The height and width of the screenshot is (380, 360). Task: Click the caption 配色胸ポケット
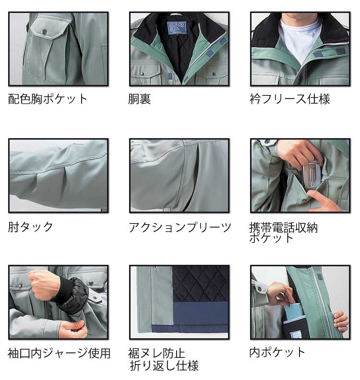pyautogui.click(x=48, y=99)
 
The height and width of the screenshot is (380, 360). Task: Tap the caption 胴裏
pyautogui.click(x=139, y=99)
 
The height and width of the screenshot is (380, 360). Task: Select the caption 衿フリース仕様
pyautogui.click(x=290, y=99)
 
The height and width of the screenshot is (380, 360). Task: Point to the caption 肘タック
pyautogui.click(x=30, y=227)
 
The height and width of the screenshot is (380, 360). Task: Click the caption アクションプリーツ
pyautogui.click(x=180, y=227)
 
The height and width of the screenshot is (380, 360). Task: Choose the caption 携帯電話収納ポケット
pyautogui.click(x=283, y=232)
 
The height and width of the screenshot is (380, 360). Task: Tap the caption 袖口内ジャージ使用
pyautogui.click(x=59, y=353)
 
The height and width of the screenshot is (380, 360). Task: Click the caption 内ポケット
pyautogui.click(x=277, y=352)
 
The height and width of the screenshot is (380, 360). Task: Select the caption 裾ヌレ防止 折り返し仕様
pyautogui.click(x=163, y=359)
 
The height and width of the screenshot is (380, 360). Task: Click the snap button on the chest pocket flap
pyautogui.click(x=45, y=32)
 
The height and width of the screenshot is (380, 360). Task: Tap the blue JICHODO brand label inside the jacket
pyautogui.click(x=176, y=28)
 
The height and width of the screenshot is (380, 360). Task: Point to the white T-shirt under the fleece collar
pyautogui.click(x=300, y=39)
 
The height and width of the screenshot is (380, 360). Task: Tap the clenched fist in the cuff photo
pyautogui.click(x=44, y=284)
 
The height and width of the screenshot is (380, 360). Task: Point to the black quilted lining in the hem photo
pyautogui.click(x=201, y=284)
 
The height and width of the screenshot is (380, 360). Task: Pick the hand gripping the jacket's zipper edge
pyautogui.click(x=341, y=321)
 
